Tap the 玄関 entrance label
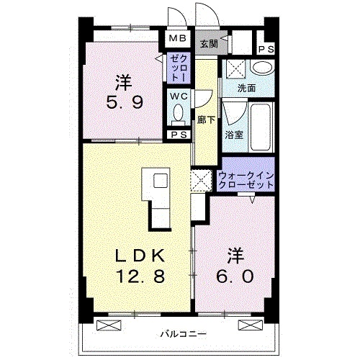click(x=209, y=43)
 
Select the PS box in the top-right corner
click(x=266, y=48)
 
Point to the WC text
click(x=178, y=95)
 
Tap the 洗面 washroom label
click(x=246, y=89)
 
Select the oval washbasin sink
click(x=263, y=68)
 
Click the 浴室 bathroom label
click(x=232, y=134)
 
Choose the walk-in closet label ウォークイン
click(x=248, y=174)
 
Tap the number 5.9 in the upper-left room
click(x=125, y=102)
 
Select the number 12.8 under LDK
click(x=139, y=276)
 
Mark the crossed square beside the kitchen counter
click(x=200, y=181)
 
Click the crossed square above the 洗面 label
click(x=234, y=70)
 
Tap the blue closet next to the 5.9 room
click(x=178, y=67)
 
